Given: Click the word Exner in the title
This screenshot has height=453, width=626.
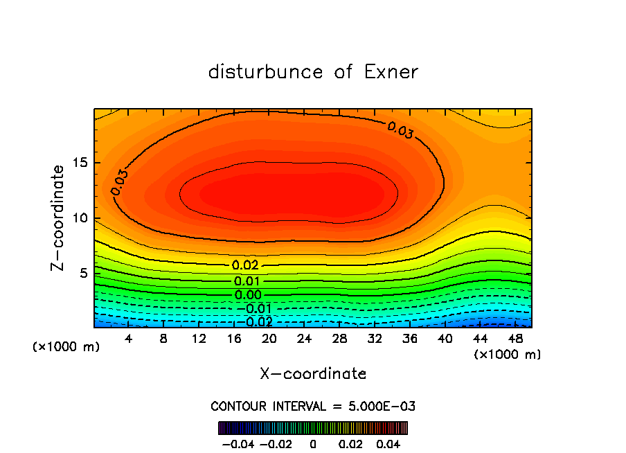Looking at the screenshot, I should coord(391,72).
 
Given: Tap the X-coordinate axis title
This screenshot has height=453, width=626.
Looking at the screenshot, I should coord(313,374).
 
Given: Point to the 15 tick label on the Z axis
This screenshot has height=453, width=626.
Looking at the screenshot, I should coord(81,163).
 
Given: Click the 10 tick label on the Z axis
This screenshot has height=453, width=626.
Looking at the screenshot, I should coord(81,218).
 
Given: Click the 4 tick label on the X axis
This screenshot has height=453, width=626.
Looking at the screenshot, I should coord(129,339).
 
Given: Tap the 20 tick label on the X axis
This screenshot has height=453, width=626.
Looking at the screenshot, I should coord(269,339).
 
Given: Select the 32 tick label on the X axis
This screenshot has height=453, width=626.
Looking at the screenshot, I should coord(375,339).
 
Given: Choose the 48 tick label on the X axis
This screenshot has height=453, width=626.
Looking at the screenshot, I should coord(515,339).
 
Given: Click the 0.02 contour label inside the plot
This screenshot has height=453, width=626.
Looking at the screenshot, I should coord(245,265).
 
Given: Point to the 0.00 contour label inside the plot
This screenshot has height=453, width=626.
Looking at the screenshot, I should coord(247,295).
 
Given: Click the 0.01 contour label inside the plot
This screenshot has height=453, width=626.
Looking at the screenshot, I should coord(247,281).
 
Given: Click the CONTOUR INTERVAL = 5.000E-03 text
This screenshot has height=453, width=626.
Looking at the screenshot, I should coord(313,406).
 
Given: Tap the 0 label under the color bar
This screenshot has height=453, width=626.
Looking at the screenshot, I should coord(312,443).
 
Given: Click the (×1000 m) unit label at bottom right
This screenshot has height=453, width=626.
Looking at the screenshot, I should coord(507,355).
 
